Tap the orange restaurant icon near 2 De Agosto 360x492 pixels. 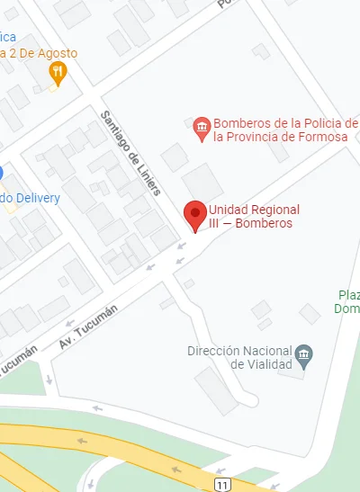click(58, 72)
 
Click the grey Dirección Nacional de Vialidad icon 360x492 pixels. click(304, 354)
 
